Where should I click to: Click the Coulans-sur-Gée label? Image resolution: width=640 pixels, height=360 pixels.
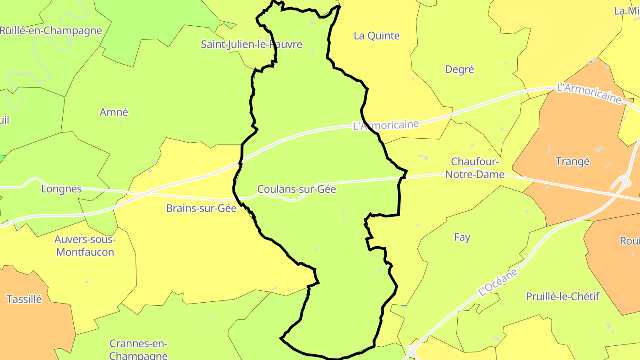(296, 189)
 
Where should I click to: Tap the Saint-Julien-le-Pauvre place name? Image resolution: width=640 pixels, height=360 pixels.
(252, 44)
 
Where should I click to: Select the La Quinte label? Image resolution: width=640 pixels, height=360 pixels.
(376, 36)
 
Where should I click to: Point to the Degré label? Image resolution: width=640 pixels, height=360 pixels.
(460, 69)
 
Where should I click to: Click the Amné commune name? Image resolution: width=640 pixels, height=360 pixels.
(114, 112)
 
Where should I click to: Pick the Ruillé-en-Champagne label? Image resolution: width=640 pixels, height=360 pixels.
(51, 31)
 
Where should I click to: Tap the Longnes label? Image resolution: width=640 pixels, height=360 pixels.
(61, 189)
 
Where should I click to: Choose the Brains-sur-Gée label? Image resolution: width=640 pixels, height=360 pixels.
(201, 208)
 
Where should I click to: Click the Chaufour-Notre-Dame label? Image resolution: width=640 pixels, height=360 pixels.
(475, 168)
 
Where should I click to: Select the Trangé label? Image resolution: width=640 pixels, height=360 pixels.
(572, 162)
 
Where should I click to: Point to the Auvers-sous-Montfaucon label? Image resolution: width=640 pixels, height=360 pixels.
(84, 246)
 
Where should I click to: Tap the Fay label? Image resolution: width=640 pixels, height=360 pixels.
(462, 237)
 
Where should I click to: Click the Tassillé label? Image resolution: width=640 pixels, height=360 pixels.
(24, 299)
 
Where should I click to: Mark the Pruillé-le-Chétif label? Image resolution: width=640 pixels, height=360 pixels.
(562, 296)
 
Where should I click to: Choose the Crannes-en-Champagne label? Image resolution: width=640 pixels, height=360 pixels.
(138, 349)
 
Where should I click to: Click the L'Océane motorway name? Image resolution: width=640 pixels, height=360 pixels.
(498, 282)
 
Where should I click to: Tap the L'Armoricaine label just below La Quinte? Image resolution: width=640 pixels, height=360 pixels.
(386, 125)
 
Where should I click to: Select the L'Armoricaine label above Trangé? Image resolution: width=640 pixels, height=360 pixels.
(589, 93)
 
